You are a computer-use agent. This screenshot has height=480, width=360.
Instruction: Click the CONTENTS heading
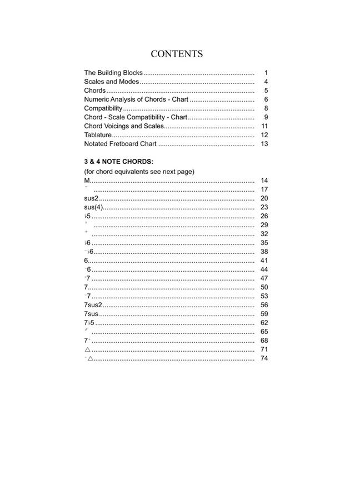(x=177, y=54)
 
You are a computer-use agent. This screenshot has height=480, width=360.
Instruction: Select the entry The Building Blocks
(x=113, y=73)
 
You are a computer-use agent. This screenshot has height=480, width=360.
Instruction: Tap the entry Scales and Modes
(x=112, y=82)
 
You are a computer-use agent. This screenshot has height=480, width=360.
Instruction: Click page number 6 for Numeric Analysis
(x=266, y=99)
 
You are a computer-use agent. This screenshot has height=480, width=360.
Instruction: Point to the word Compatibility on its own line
(x=103, y=108)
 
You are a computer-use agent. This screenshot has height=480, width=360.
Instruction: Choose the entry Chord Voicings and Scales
(x=124, y=126)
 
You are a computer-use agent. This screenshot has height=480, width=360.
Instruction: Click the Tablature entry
(x=98, y=135)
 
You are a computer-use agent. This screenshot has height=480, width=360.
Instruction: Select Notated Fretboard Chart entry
(x=120, y=144)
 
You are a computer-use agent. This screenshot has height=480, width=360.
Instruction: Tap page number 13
(x=264, y=144)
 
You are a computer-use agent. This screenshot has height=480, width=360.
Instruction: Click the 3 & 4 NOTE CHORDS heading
(x=118, y=162)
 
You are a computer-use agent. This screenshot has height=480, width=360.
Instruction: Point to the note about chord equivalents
(x=139, y=172)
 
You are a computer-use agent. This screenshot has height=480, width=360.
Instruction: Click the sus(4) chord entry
(x=93, y=207)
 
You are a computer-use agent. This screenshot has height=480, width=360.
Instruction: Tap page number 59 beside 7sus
(x=264, y=314)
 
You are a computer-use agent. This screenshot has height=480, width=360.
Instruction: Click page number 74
(x=264, y=358)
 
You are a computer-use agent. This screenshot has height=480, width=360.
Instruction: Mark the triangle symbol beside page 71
(x=87, y=349)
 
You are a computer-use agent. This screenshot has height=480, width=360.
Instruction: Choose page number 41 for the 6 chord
(x=264, y=261)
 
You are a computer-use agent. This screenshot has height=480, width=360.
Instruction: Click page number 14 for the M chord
(x=264, y=181)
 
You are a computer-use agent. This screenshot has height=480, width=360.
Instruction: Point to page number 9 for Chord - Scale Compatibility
(x=266, y=117)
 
